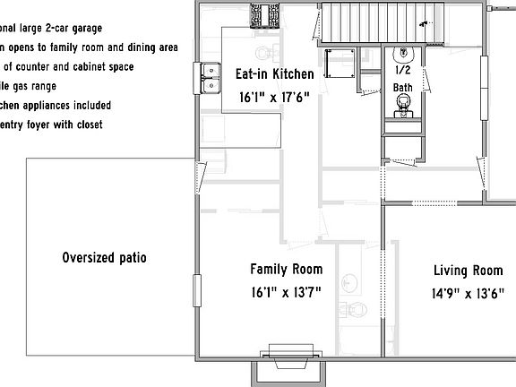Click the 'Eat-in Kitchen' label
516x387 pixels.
pyautogui.click(x=274, y=74)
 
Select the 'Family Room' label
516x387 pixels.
pyautogui.click(x=286, y=269)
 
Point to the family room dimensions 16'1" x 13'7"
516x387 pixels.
pyautogui.click(x=286, y=291)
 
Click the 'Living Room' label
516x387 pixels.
pyautogui.click(x=468, y=270)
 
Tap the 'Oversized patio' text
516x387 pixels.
pyautogui.click(x=105, y=258)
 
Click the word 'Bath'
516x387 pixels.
pyautogui.click(x=402, y=87)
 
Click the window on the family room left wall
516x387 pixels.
pyautogui.click(x=195, y=291)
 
